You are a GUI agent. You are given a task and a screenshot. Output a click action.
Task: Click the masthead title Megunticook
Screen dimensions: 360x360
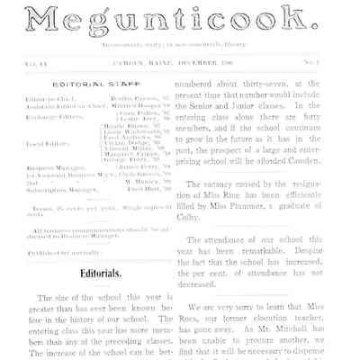(180, 19)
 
